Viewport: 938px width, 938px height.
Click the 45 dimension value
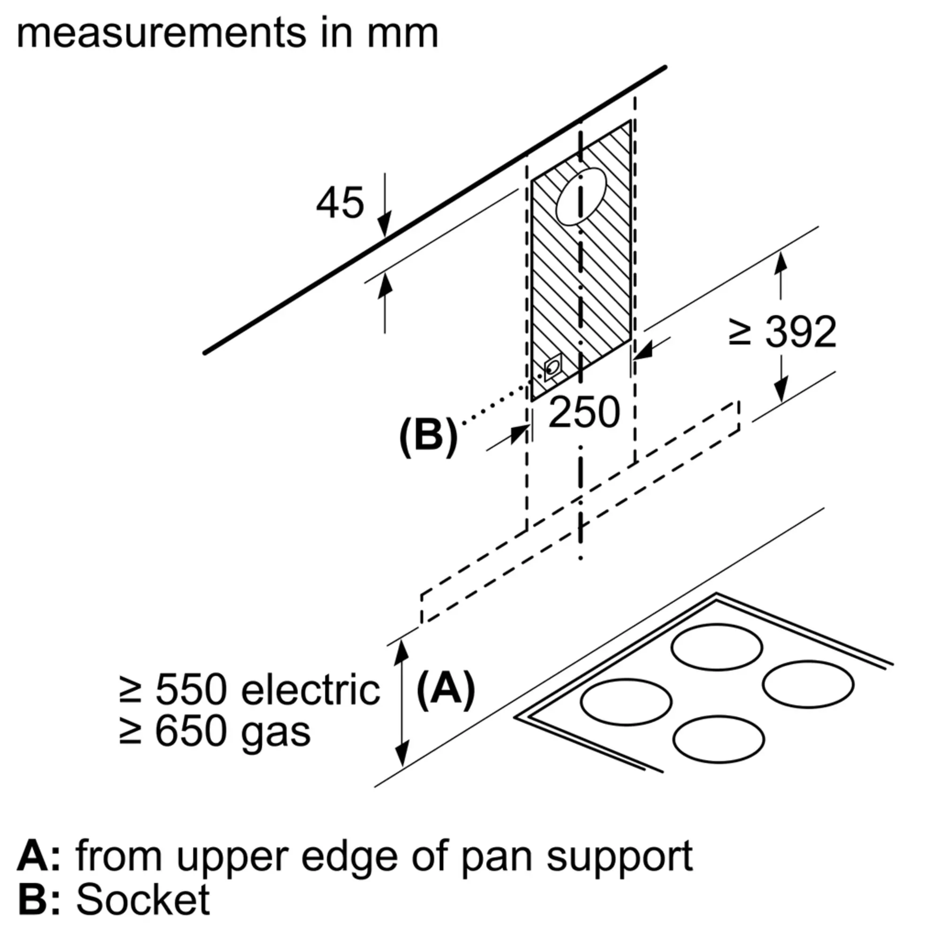(x=340, y=203)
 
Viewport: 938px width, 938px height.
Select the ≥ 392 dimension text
(x=783, y=332)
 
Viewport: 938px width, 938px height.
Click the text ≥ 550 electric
(x=250, y=689)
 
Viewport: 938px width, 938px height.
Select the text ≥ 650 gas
(x=215, y=732)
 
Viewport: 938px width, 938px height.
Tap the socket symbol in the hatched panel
(x=552, y=368)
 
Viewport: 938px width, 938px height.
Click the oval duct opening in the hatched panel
(x=581, y=197)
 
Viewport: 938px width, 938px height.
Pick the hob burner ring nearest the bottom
(x=719, y=739)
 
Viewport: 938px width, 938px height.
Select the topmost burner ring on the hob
(x=717, y=647)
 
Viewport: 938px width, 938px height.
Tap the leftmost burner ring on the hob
(x=626, y=702)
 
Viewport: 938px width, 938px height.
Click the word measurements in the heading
(x=162, y=34)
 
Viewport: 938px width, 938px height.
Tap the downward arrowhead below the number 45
(x=385, y=226)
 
